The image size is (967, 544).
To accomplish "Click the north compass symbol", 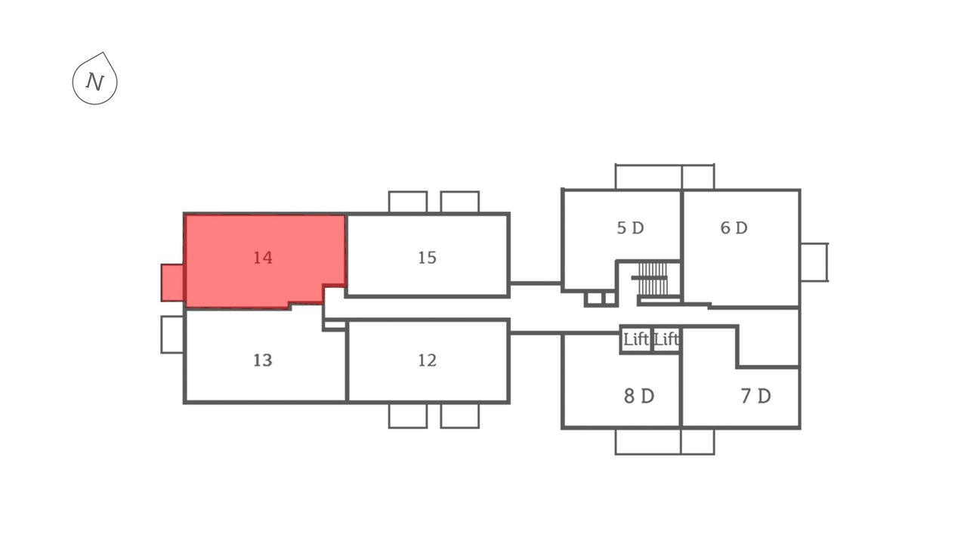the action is coord(94,79).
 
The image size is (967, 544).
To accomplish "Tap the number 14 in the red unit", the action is coord(262,258).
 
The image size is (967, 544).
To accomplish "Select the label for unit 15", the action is coord(427,258).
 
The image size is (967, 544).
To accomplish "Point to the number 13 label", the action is coord(262,360).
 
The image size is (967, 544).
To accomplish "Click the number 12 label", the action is coord(427,360).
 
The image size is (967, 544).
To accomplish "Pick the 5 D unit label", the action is coord(630,227).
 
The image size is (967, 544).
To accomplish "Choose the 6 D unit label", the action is coord(734,227).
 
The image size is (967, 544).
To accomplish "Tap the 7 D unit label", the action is coord(755,396).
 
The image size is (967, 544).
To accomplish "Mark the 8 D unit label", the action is coord(639,396).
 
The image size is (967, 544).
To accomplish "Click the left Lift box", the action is coord(636,340).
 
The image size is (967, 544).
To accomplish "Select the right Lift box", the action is coord(666,340).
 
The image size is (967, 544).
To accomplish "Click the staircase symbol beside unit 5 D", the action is coord(653,279).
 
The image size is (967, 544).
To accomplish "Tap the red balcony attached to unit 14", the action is coord(172,283).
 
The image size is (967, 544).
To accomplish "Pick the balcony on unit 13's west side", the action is coord(172,335).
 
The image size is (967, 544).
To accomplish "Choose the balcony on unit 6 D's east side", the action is coord(814,262).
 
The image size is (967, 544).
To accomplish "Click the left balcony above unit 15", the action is coord(408,202).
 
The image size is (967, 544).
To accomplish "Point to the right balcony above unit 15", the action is coord(460,202).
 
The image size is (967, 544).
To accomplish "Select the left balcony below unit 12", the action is coord(408,416).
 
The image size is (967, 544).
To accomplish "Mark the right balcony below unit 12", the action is coord(460,416).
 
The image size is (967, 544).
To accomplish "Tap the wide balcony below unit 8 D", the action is coord(648,442).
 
